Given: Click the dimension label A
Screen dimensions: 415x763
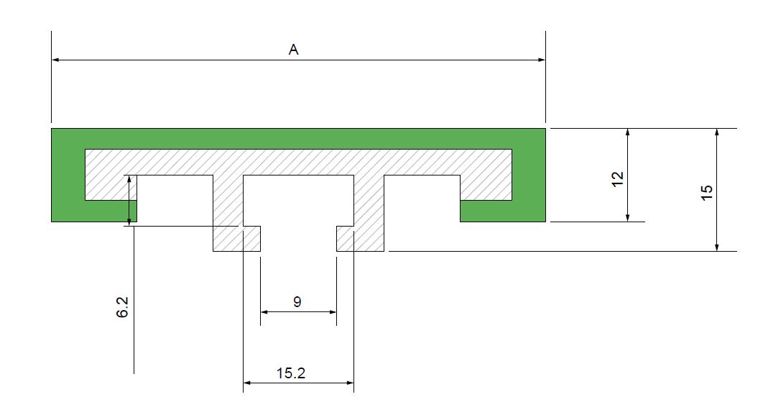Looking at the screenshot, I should coord(293,50).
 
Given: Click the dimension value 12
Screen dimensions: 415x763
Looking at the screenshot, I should coord(616,179).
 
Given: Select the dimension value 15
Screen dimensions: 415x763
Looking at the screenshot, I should coord(706,192).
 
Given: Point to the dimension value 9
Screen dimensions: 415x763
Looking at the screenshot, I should coord(297,302).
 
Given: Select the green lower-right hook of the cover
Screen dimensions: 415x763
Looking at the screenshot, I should coord(503,211).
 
